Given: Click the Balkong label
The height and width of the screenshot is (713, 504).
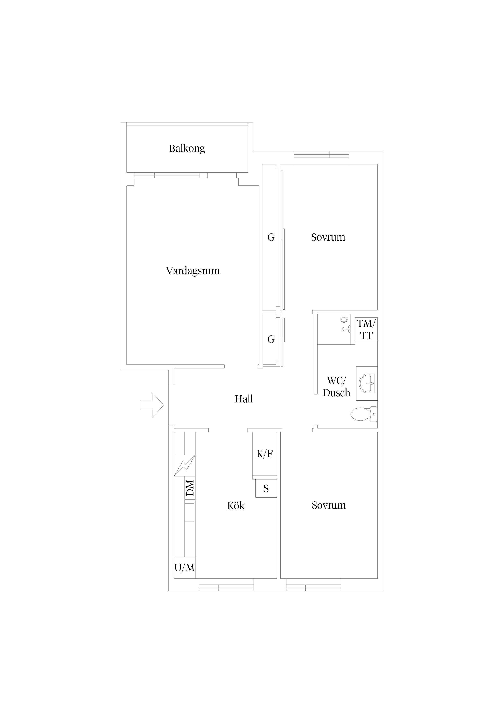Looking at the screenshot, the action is click(187, 148).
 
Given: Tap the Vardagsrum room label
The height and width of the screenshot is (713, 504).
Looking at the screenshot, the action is click(193, 271).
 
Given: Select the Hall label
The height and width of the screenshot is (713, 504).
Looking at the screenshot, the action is click(244, 399).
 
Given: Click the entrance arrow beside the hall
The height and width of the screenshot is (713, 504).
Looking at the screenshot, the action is click(152, 405).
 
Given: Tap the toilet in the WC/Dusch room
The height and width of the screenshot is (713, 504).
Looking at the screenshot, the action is click(364, 414).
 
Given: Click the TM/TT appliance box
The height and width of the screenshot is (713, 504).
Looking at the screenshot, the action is click(366, 329).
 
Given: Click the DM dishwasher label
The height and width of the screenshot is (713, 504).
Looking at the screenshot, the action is click(190, 488).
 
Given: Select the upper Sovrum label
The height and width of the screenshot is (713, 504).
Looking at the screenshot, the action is click(328, 237).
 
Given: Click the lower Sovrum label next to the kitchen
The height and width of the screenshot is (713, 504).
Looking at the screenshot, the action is click(329, 505).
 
